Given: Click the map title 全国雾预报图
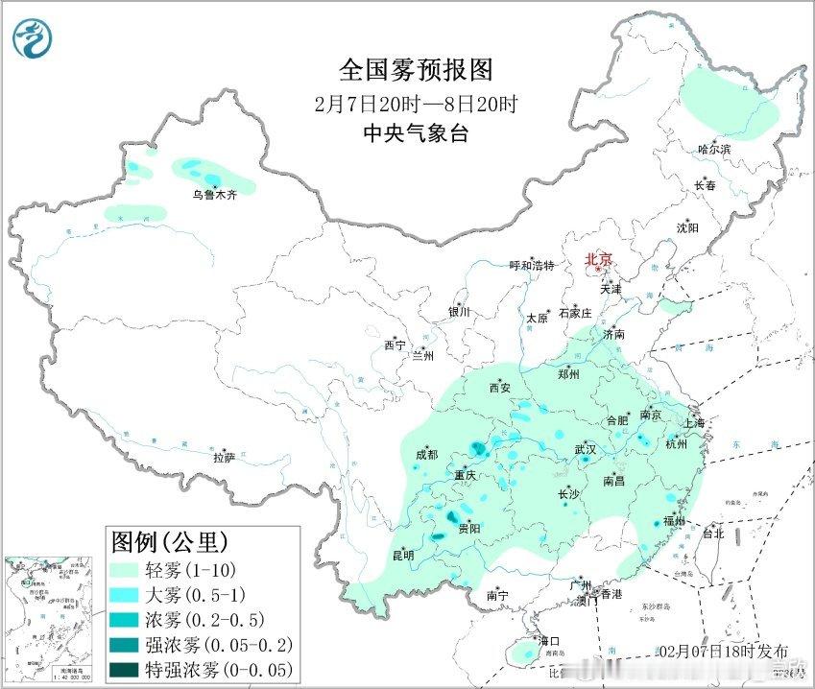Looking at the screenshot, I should (416, 70).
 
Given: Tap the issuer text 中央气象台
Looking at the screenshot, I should (416, 133).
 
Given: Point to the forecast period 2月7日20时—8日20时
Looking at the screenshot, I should (416, 104).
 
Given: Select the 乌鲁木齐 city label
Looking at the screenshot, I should (213, 195).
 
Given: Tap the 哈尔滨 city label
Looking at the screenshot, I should (714, 150).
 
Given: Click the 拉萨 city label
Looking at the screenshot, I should (224, 458).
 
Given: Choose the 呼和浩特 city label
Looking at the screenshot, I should (532, 266).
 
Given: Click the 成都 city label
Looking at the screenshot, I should (426, 455).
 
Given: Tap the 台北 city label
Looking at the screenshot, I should (713, 534).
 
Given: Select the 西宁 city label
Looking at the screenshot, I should (395, 344).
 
